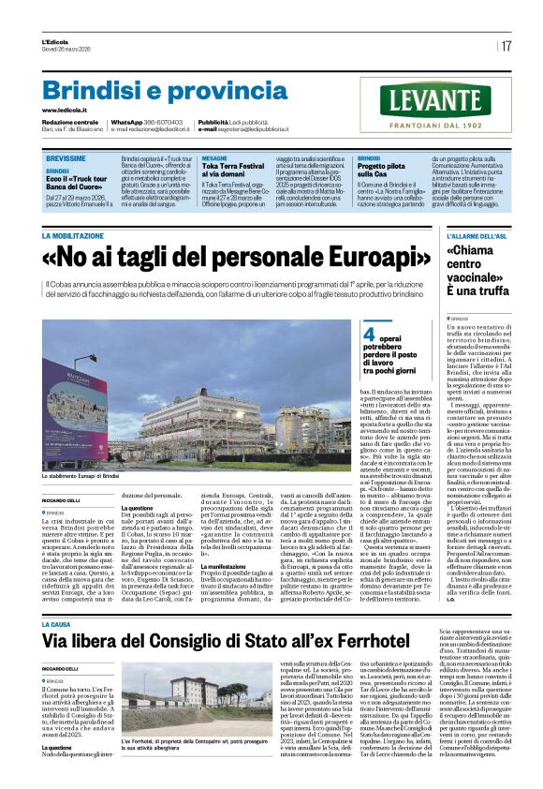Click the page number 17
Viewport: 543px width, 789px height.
506,46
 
